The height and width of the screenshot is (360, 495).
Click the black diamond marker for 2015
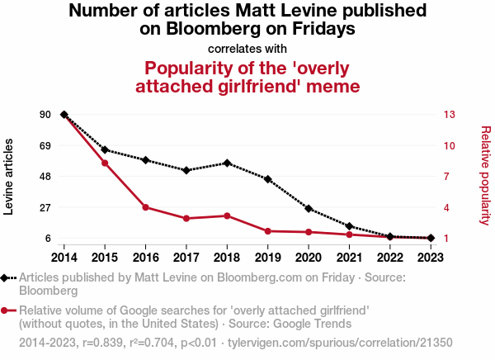[x=105, y=149]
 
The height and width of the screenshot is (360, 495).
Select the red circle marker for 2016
[x=145, y=207]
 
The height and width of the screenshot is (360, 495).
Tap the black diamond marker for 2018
[x=227, y=163]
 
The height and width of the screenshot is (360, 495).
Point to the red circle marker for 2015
[x=105, y=163]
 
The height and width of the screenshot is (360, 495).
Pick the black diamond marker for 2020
[x=309, y=209]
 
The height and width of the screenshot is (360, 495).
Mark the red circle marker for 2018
[x=227, y=216]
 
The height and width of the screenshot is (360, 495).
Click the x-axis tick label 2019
[x=268, y=256]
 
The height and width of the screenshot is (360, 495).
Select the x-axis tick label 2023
[x=431, y=256]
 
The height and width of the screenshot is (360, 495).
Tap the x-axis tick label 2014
[x=64, y=256]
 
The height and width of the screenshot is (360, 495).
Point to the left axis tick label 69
[x=45, y=145]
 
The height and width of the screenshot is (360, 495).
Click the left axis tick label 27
[x=45, y=207]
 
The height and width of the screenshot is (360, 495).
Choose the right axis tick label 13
[x=451, y=114]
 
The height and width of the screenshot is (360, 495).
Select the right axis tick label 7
[x=449, y=177]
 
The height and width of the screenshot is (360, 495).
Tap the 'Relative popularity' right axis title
[x=485, y=175]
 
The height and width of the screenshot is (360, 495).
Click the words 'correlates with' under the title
[x=247, y=48]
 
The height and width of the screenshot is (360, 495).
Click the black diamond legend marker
[x=9, y=278]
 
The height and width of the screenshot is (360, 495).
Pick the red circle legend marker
[x=9, y=310]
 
